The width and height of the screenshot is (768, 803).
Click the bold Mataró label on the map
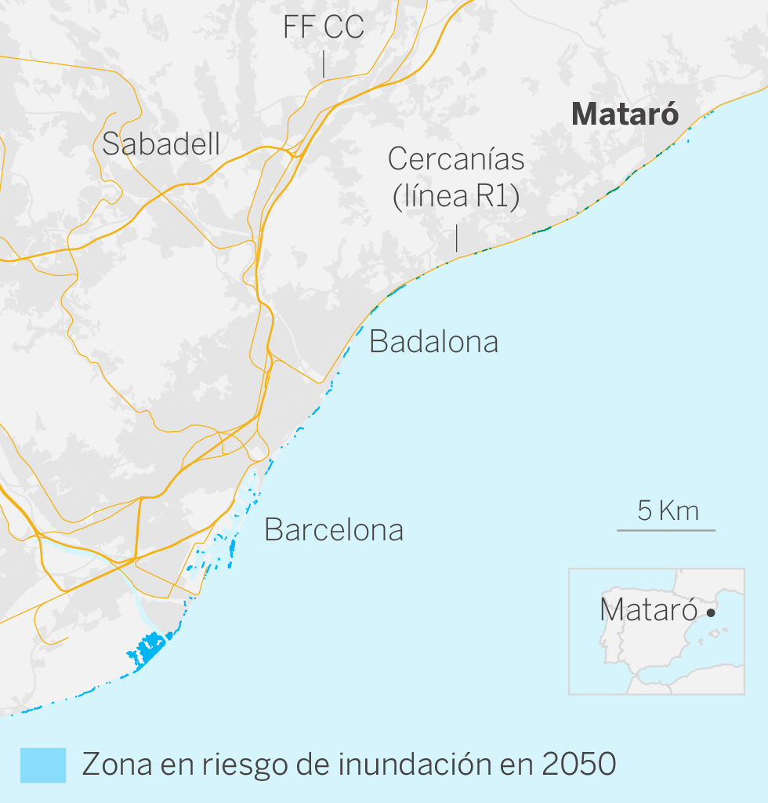point(625,114)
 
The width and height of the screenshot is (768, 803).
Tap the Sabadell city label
point(161,144)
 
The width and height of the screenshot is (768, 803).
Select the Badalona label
point(433,342)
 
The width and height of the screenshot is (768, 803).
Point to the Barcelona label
point(334,530)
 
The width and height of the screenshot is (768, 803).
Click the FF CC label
point(324,27)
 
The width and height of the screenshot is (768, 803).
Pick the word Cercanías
point(456,159)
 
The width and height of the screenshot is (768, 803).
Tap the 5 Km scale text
point(668,511)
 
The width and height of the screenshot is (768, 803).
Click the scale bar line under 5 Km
point(666,531)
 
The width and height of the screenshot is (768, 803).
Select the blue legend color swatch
point(43,765)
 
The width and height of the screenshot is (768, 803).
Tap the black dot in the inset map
point(711,612)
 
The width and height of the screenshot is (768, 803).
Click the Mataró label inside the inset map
point(648,610)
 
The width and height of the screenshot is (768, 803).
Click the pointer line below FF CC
point(324,64)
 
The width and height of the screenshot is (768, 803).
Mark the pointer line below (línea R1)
point(456,238)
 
